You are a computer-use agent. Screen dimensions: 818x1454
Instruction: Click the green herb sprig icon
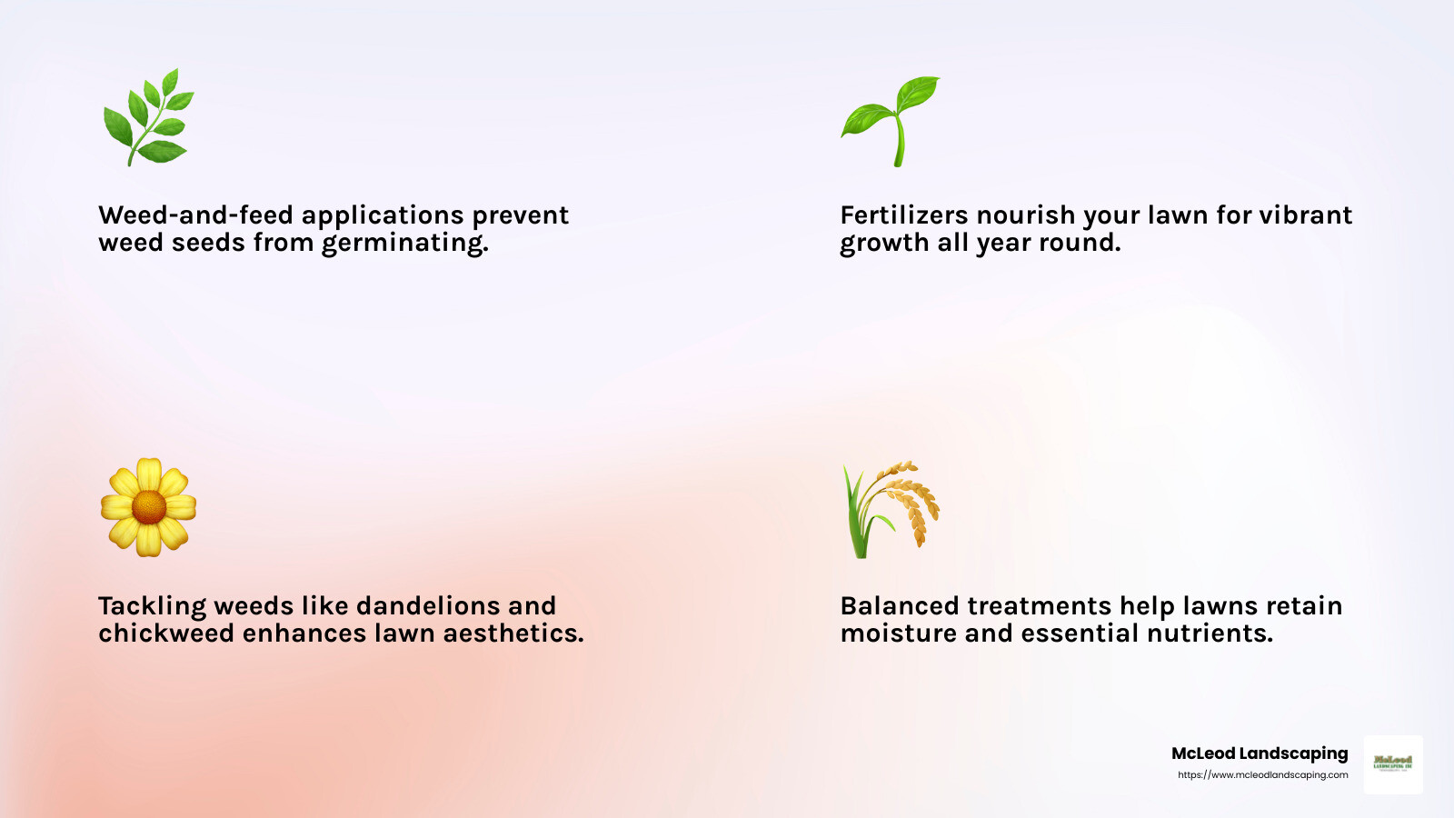148,118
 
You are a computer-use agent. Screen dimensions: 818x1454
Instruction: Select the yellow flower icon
148,507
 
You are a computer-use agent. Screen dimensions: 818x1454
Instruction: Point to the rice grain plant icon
891,509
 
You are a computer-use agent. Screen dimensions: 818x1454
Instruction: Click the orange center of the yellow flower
148,507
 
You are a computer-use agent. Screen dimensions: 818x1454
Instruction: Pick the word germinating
404,244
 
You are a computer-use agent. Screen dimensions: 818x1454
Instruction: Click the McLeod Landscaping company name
1260,753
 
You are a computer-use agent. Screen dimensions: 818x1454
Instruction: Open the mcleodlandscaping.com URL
1262,775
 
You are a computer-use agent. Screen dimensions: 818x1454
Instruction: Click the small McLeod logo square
1393,764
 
